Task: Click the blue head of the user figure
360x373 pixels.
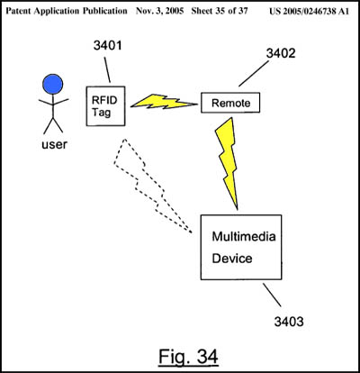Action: point(52,85)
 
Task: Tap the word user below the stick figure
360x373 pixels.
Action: point(54,145)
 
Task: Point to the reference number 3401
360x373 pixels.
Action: point(107,46)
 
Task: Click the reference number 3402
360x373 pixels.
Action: point(281,53)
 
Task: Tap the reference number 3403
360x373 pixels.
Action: point(289,322)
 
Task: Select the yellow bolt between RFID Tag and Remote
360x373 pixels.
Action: point(164,102)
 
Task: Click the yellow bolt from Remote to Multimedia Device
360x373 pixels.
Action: point(228,162)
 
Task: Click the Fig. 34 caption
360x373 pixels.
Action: point(188,357)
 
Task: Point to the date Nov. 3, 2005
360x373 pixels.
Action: point(159,11)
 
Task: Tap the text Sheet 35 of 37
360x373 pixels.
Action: point(220,11)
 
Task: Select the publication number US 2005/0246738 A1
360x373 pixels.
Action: point(310,12)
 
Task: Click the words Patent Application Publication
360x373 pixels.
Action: point(67,11)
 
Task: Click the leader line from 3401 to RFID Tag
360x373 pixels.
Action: point(107,69)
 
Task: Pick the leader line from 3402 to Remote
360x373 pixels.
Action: point(254,74)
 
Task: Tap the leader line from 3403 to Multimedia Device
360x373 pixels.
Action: point(272,295)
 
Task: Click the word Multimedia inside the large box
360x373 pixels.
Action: point(244,236)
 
